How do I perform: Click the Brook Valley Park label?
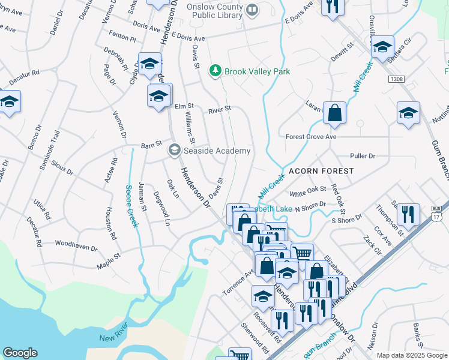tap(257, 71)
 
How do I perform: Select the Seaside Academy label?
tap(217, 151)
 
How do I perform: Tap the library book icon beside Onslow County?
tap(253, 10)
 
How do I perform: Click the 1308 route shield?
tap(396, 79)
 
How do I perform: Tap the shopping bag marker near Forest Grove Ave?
tap(335, 113)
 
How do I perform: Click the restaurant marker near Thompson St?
tap(408, 215)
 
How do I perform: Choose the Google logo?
tap(20, 353)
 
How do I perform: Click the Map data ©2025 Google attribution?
tap(411, 355)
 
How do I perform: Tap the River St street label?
tap(220, 110)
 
